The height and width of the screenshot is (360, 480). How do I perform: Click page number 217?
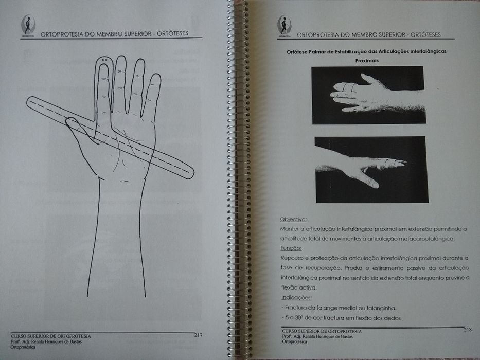pyautogui.click(x=198, y=335)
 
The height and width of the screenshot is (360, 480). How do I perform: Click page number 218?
pyautogui.click(x=468, y=329)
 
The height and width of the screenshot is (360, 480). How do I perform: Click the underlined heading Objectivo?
pyautogui.click(x=294, y=219)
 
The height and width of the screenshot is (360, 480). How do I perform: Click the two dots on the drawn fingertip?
pyautogui.click(x=104, y=61)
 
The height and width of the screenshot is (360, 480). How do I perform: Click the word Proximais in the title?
pyautogui.click(x=366, y=60)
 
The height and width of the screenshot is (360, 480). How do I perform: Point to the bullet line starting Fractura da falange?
pyautogui.click(x=331, y=308)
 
